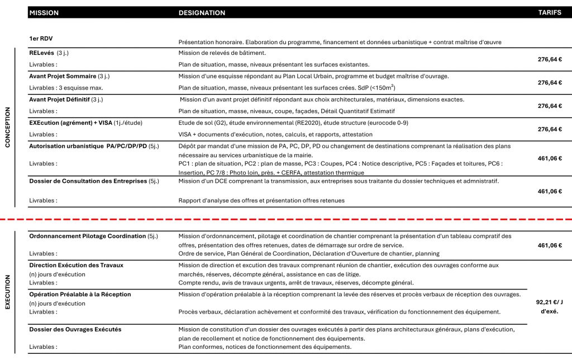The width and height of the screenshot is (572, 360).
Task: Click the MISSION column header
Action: [44, 13]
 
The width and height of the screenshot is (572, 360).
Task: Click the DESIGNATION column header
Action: [202, 13]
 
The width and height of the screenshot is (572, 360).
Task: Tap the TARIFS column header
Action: [550, 13]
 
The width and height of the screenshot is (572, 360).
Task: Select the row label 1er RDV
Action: [41, 39]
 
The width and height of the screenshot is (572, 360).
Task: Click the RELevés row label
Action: [42, 53]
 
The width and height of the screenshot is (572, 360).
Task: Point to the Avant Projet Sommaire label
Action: [62, 76]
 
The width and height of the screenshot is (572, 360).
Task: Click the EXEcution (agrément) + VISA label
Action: [70, 122]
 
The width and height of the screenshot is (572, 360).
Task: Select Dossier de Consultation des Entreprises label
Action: [88, 181]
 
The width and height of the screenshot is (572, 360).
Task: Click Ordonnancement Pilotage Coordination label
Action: [87, 236]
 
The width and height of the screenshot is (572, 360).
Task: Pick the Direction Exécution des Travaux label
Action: [76, 265]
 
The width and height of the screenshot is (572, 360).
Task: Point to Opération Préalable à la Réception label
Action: [80, 294]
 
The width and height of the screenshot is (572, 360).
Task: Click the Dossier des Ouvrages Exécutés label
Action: [75, 329]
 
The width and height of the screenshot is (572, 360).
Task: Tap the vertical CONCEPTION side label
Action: [8, 127]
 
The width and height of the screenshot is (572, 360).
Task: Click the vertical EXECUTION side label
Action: [8, 291]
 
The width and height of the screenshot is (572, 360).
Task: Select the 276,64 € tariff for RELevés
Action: [549, 59]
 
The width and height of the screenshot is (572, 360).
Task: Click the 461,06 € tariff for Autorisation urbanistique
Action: [549, 158]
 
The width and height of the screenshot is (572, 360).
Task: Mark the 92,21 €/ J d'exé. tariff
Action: [549, 307]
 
